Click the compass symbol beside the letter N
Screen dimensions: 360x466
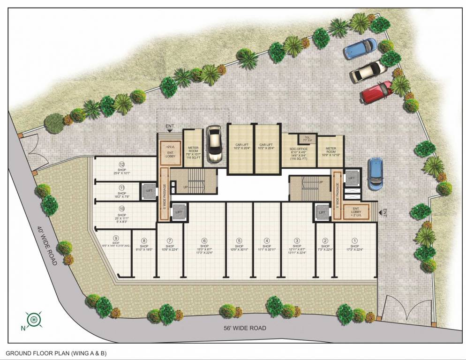click(x=34, y=319)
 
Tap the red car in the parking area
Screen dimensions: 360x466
click(x=376, y=92)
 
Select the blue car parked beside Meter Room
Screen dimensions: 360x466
click(x=375, y=173)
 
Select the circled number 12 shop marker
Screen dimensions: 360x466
click(x=122, y=165)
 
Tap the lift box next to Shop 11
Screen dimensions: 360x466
click(x=149, y=191)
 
